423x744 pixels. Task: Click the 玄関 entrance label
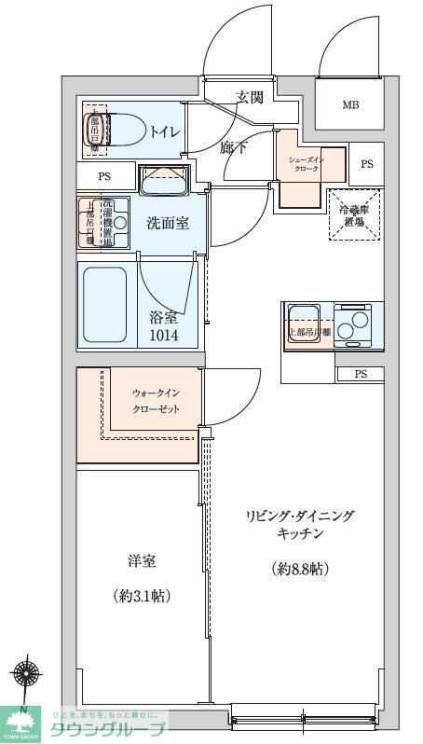(x=250, y=96)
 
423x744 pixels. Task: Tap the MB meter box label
(x=349, y=104)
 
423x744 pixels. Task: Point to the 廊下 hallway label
(x=234, y=147)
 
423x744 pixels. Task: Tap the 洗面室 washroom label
(x=169, y=224)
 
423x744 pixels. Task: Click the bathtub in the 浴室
(x=103, y=305)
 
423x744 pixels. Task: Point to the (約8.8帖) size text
(x=299, y=568)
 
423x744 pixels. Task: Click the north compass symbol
(x=27, y=676)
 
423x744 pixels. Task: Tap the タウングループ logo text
(x=108, y=728)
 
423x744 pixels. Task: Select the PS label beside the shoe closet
(x=366, y=164)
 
